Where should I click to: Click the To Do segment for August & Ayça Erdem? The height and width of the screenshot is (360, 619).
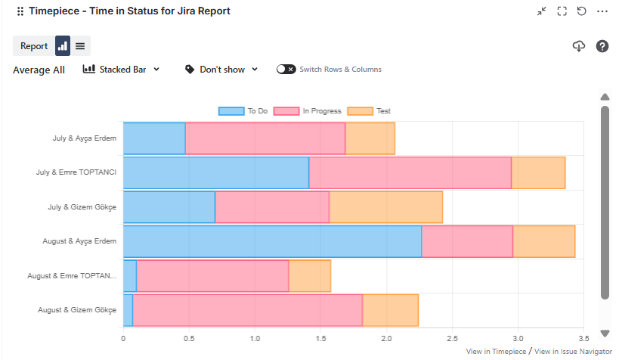click(272, 241)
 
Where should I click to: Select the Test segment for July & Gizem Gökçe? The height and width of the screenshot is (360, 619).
click(385, 207)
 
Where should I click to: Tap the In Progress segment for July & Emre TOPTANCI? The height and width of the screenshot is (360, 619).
click(410, 172)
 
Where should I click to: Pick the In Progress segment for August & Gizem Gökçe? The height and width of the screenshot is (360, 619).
click(248, 310)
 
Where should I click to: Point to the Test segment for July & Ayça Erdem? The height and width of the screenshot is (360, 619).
click(370, 138)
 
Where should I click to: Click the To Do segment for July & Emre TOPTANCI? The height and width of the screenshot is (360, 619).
click(216, 172)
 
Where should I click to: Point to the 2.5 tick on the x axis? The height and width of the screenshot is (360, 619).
click(452, 338)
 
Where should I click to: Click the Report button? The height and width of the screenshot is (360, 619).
click(34, 46)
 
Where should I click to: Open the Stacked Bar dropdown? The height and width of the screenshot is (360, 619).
click(122, 70)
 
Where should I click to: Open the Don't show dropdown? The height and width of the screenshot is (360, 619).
click(221, 70)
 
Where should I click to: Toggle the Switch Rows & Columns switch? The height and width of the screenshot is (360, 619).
click(286, 70)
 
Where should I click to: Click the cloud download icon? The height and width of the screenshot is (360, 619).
click(579, 46)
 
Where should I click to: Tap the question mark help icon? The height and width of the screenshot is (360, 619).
click(602, 46)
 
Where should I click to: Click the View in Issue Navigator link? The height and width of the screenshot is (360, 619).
click(573, 352)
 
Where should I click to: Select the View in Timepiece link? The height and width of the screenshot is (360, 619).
click(497, 352)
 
